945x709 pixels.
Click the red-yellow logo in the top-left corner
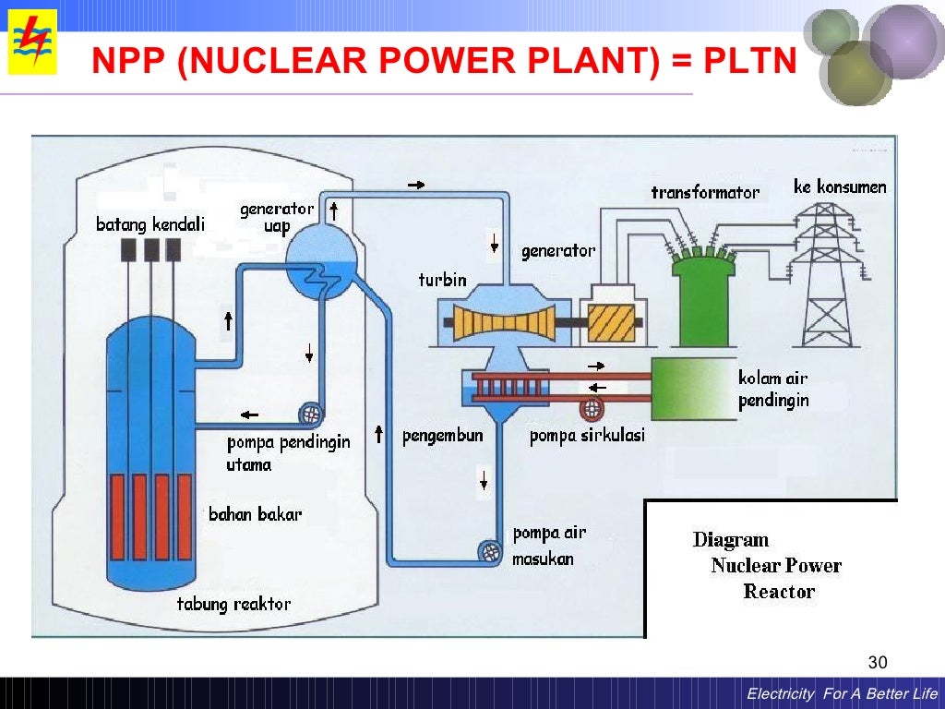tap(32, 42)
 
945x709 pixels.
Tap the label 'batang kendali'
tap(150, 224)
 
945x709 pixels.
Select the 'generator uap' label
tap(277, 217)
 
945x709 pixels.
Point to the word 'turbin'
tap(442, 280)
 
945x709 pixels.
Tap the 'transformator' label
tap(705, 192)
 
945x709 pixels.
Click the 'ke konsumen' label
tap(839, 187)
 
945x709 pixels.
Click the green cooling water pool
tap(693, 390)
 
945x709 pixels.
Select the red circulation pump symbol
tap(592, 408)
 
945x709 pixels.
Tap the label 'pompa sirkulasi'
tap(587, 436)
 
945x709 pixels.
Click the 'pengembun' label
tap(442, 436)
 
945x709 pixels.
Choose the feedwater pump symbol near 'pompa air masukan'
tap(492, 551)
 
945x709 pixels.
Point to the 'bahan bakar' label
tap(255, 514)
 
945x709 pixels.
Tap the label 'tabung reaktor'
tap(233, 605)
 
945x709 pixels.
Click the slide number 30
tap(877, 663)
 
